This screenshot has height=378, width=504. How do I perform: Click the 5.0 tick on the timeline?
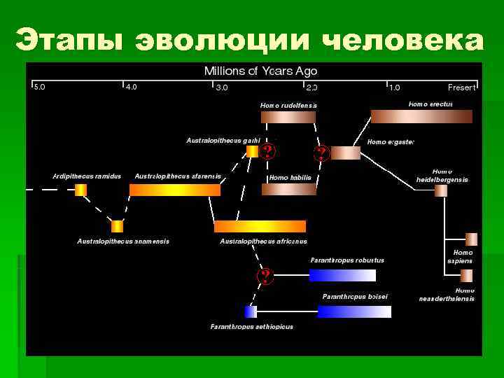point(39,87)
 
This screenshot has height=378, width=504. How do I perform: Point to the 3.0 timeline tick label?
point(221,87)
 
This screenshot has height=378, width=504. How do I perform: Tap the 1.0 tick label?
point(395,87)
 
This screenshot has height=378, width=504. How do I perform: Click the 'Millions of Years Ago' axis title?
point(260,71)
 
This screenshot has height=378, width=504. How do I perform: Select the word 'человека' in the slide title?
point(404,40)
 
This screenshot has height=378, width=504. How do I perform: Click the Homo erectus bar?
point(421,116)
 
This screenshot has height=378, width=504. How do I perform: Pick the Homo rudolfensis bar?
point(288,117)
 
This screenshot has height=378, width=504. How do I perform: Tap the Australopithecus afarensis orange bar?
point(175,190)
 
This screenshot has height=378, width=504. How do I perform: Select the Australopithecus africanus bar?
point(260,226)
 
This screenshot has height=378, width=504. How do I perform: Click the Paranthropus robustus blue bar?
point(337,274)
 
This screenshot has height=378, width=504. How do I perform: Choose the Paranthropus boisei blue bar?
point(352,311)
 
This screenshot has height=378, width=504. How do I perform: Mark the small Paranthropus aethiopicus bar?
point(251,311)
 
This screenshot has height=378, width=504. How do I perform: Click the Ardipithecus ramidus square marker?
point(81,190)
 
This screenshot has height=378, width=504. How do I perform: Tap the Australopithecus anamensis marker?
point(117,226)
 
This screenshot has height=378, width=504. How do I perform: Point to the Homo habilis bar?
point(288,189)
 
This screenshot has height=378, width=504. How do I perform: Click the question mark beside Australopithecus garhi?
point(267,152)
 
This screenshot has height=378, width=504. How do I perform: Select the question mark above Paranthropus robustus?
point(265,276)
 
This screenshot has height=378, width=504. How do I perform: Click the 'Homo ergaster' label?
point(391,142)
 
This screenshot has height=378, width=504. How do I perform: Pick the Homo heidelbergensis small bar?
point(440,190)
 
